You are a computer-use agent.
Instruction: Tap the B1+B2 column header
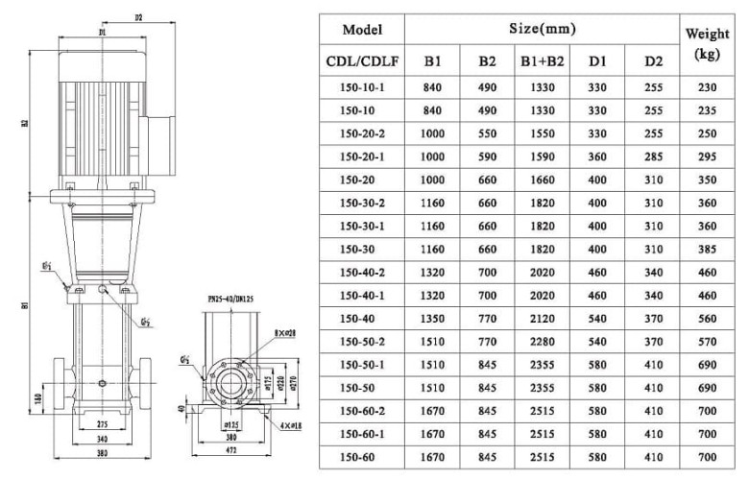542,61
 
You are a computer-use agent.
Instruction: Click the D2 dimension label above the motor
138,16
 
